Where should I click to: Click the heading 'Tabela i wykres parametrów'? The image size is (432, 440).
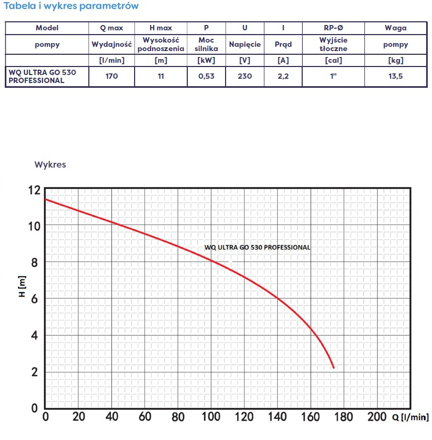pyautogui.click(x=71, y=6)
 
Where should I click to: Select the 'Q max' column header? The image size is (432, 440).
pyautogui.click(x=111, y=28)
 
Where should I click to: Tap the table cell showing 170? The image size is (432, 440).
pyautogui.click(x=111, y=76)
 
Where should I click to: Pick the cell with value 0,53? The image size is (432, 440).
pyautogui.click(x=206, y=76)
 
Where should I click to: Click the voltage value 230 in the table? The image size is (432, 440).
pyautogui.click(x=245, y=76)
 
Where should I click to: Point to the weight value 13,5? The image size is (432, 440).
pyautogui.click(x=396, y=76)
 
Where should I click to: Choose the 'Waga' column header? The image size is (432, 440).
pyautogui.click(x=396, y=28)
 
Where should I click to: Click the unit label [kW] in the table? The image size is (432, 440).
pyautogui.click(x=206, y=60)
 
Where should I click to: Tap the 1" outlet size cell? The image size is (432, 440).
pyautogui.click(x=334, y=76)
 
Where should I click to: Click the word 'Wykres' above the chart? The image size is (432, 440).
pyautogui.click(x=50, y=164)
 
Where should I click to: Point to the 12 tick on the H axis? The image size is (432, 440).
pyautogui.click(x=34, y=189)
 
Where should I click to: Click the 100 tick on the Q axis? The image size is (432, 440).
pyautogui.click(x=211, y=416)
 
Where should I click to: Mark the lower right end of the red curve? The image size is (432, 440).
pyautogui.click(x=334, y=368)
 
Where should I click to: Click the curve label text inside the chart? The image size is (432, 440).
pyautogui.click(x=257, y=247)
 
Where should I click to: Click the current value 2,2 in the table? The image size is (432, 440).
pyautogui.click(x=283, y=76)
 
